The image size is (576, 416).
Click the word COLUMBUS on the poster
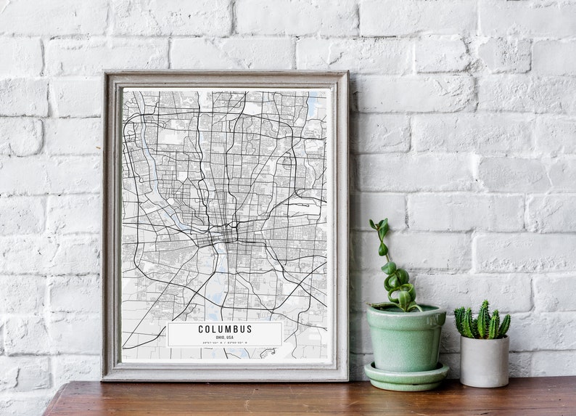pyautogui.click(x=225, y=329)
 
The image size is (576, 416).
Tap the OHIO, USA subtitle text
pyautogui.click(x=225, y=336)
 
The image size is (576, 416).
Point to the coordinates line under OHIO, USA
pyautogui.click(x=225, y=341)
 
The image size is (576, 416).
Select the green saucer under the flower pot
pyautogui.click(x=406, y=375)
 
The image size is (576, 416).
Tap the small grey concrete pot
pyautogui.click(x=484, y=361)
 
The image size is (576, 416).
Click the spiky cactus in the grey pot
pyautogui.click(x=482, y=322)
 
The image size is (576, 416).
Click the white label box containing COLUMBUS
pyautogui.click(x=181, y=334)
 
